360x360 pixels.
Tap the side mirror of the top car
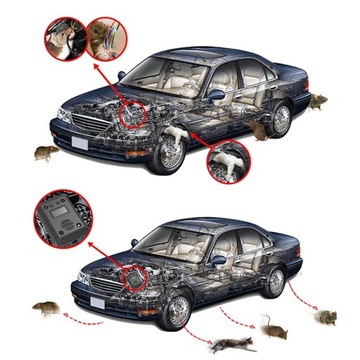point(215,95)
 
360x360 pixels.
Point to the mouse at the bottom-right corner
point(325,317)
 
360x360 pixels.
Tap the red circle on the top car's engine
point(130,112)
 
